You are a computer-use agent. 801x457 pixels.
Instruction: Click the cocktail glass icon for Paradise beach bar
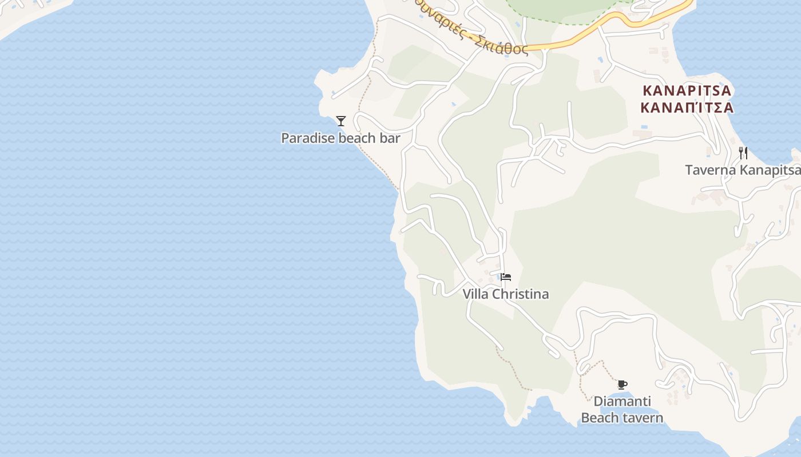341,121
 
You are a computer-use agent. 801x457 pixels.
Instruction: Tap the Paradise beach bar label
340,138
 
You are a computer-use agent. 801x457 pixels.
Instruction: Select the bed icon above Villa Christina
505,278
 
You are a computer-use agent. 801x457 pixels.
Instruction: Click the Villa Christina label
506,294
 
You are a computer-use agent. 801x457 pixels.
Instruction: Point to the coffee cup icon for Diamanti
622,384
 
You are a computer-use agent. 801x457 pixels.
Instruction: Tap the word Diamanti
622,402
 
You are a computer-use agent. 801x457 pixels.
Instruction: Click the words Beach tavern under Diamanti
622,418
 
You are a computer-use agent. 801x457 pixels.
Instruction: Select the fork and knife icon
743,153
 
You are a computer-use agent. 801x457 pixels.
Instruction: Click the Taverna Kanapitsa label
743,170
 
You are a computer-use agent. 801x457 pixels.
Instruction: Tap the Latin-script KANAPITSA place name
687,91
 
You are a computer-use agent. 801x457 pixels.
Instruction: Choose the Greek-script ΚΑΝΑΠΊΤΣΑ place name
687,107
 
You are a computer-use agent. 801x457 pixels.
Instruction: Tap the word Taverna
711,170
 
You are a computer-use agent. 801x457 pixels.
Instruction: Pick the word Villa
476,294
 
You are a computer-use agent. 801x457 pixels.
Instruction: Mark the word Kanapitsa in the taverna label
770,170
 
